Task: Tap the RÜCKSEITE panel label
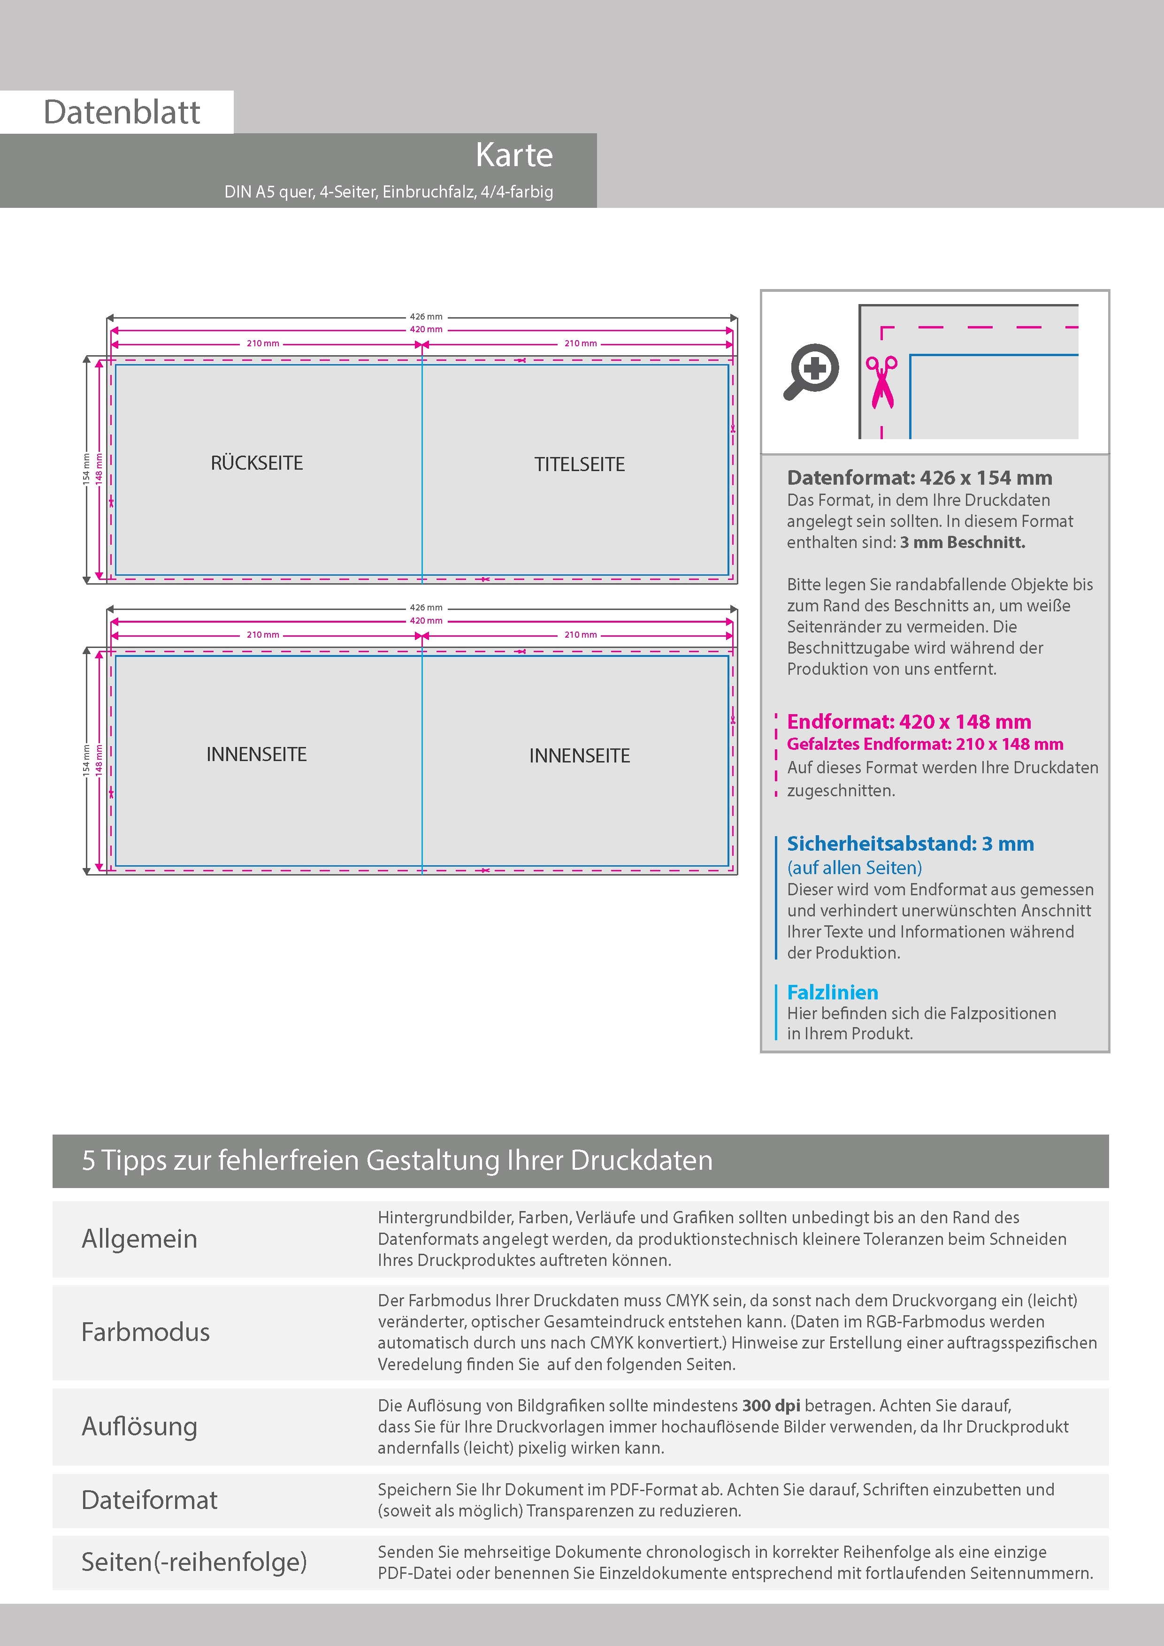point(257,463)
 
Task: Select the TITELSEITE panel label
point(580,465)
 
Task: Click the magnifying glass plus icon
point(811,371)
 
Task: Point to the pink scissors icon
point(881,381)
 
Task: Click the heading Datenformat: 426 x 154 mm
point(919,478)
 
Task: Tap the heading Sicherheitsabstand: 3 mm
point(910,844)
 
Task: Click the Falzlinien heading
point(832,992)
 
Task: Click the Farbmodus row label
point(145,1332)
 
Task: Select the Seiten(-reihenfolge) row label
point(194,1562)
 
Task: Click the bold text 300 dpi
point(771,1405)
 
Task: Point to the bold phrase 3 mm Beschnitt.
point(963,543)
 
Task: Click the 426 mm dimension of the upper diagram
point(426,317)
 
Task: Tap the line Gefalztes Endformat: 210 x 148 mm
point(925,744)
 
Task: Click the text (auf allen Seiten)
point(854,868)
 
